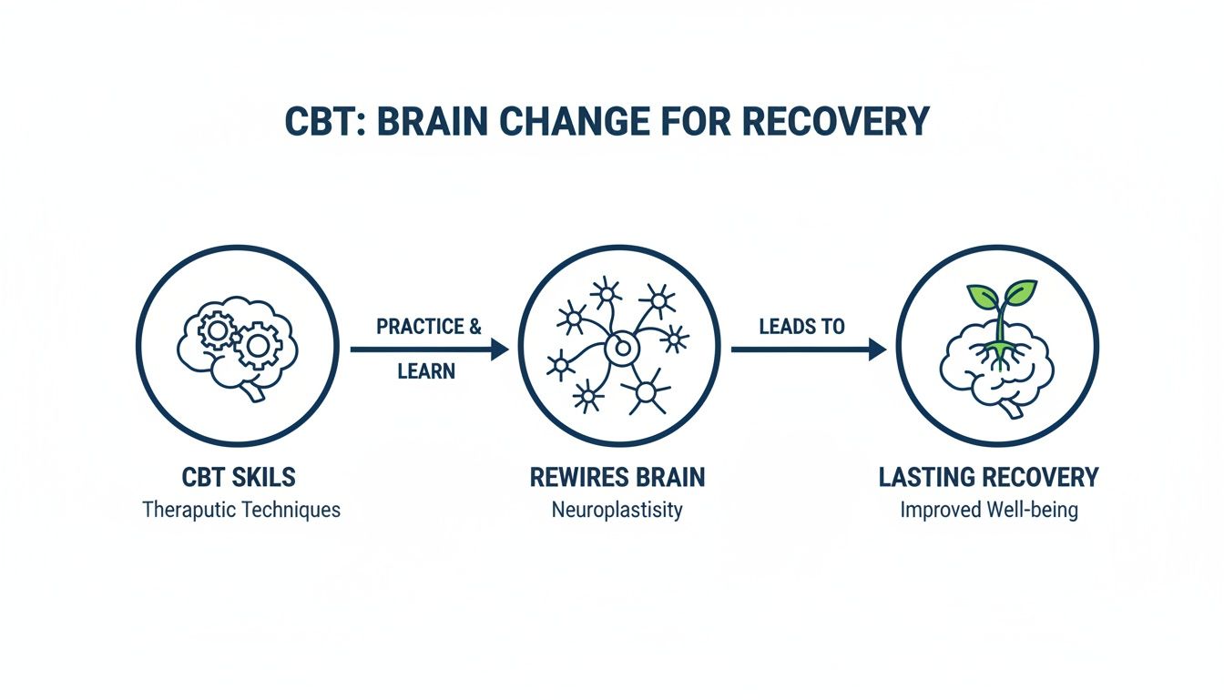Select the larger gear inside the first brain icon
pos(258,345)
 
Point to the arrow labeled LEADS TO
pos(808,349)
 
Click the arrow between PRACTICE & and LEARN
pos(428,349)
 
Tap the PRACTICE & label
pos(428,327)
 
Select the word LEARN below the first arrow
pos(426,371)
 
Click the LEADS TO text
pos(801,327)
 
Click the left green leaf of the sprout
pos(982,297)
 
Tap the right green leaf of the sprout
pos(1019,294)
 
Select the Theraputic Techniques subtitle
pos(240,509)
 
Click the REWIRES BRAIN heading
pos(617,477)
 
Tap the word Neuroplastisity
pos(617,509)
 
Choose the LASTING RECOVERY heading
pos(989,477)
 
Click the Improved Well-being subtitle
pos(989,509)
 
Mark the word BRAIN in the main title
pos(451,122)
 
